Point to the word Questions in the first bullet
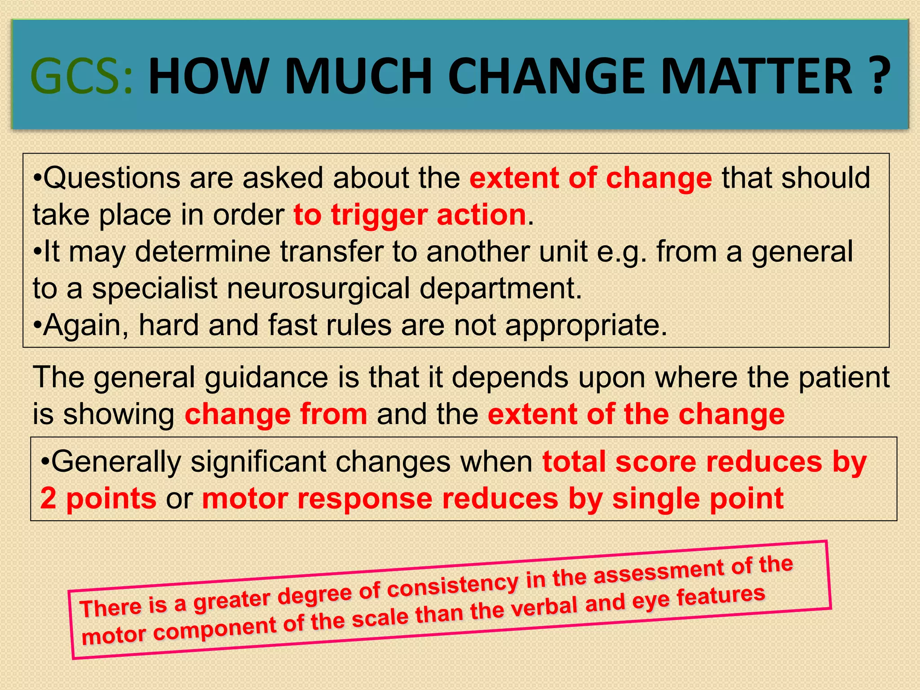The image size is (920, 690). click(x=114, y=178)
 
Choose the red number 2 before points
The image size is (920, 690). click(x=48, y=499)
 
